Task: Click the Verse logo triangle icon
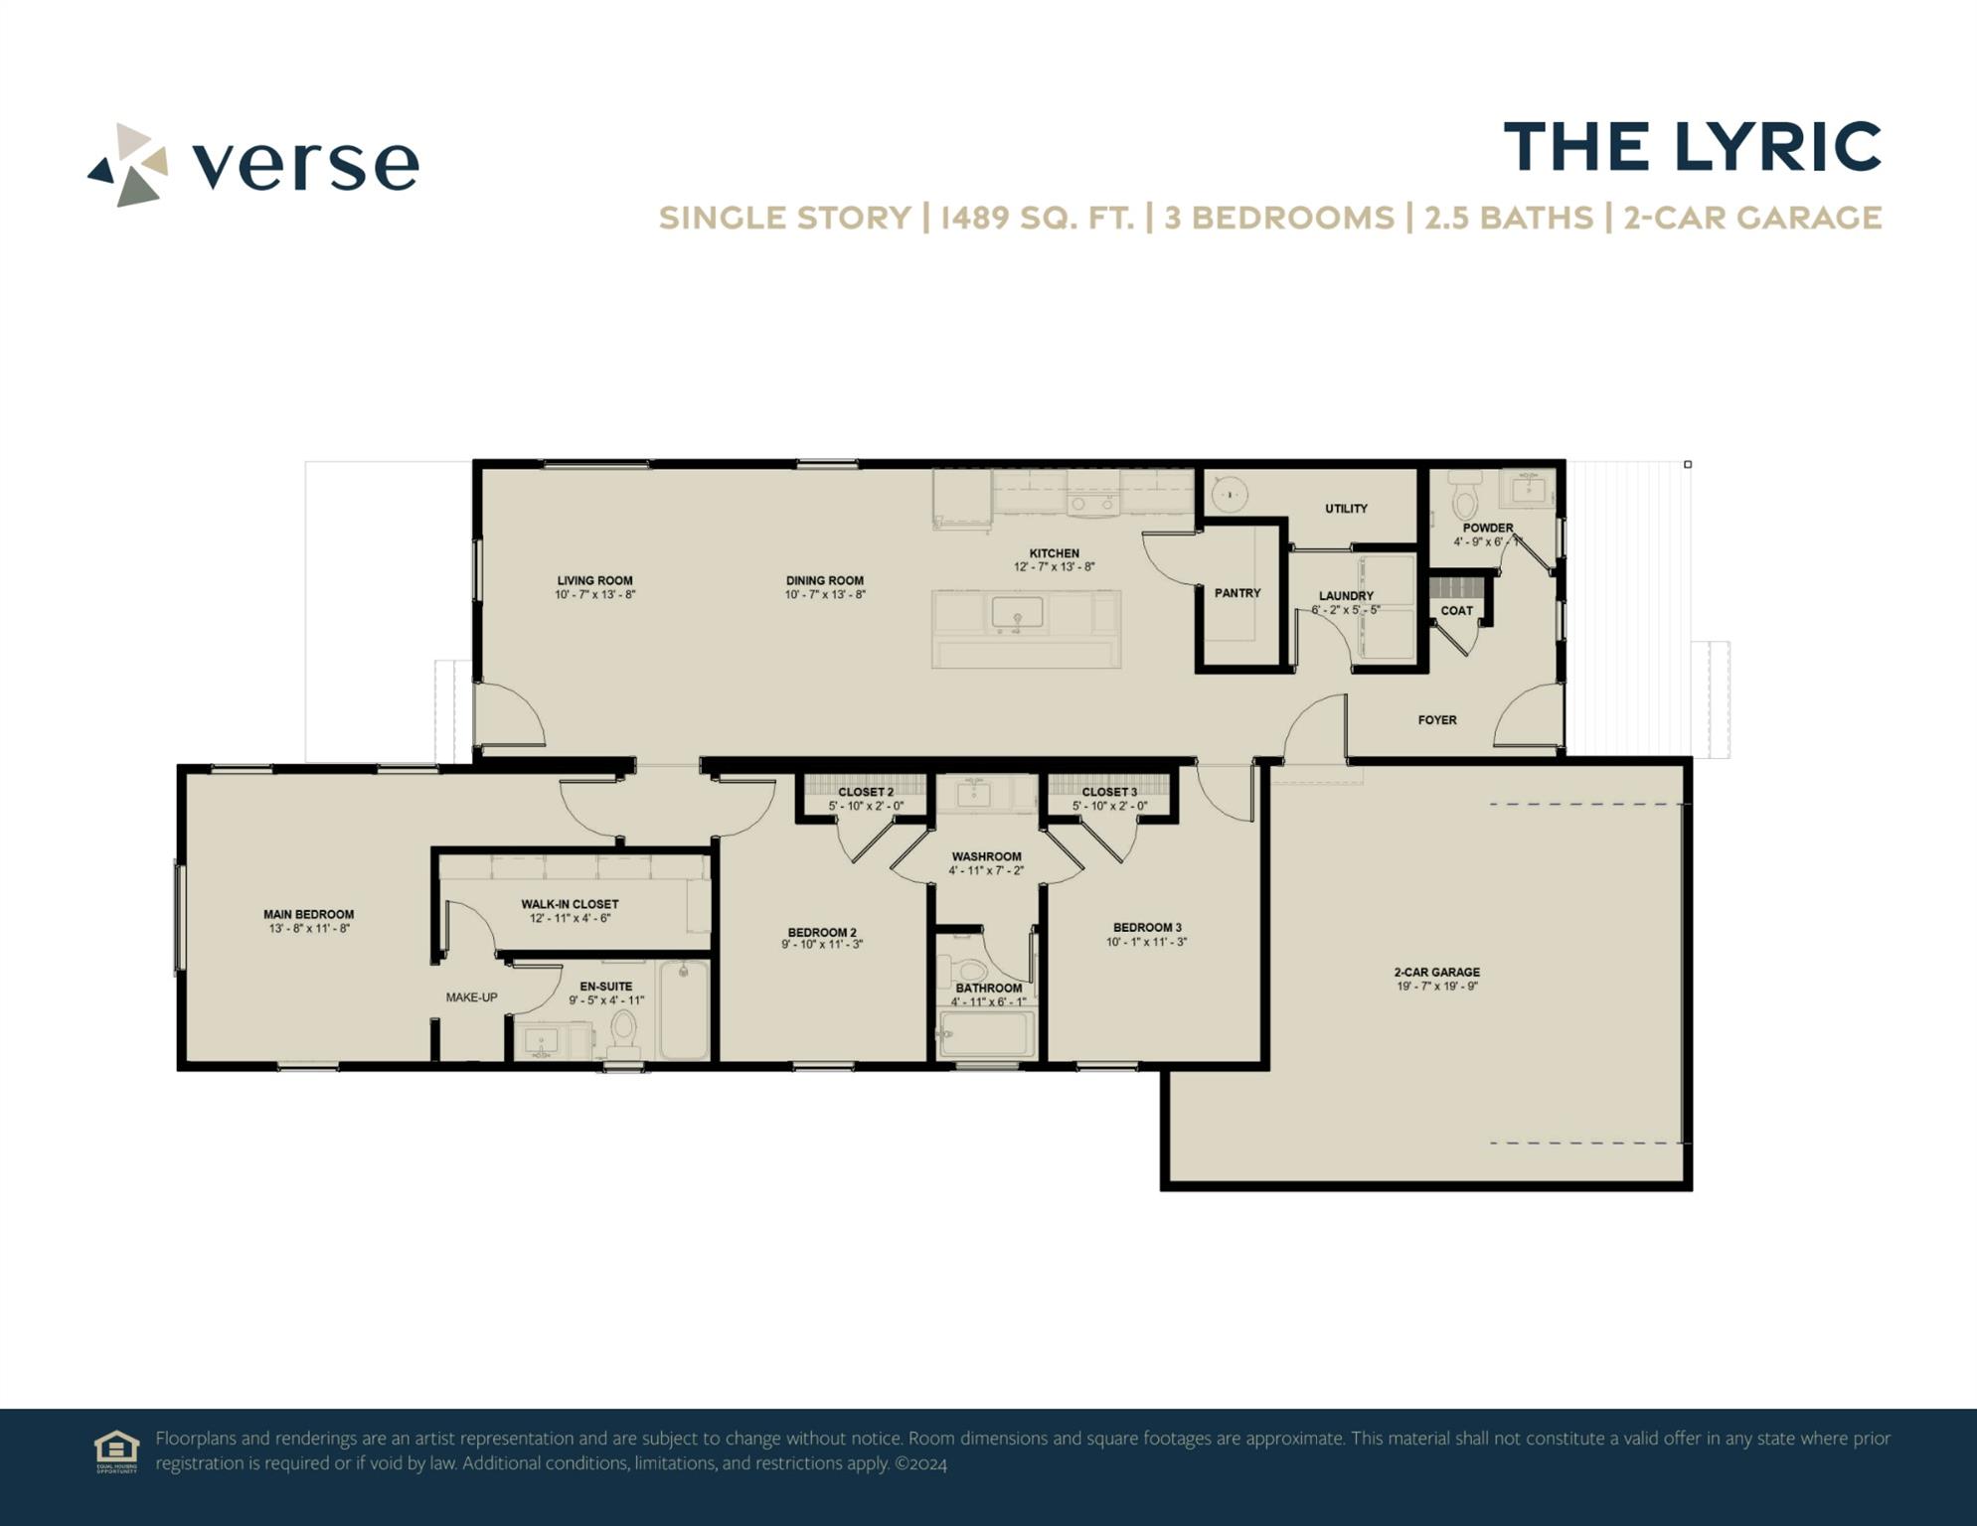pyautogui.click(x=128, y=165)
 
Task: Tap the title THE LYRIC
pyautogui.click(x=1692, y=147)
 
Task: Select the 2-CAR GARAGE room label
pyautogui.click(x=1436, y=973)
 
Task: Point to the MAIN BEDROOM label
pyautogui.click(x=308, y=914)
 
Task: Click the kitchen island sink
pyautogui.click(x=1017, y=613)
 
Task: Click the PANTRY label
pyautogui.click(x=1237, y=593)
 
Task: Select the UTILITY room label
pyautogui.click(x=1346, y=509)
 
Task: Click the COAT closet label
pyautogui.click(x=1457, y=611)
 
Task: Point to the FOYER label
pyautogui.click(x=1437, y=720)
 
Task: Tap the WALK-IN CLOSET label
pyautogui.click(x=570, y=904)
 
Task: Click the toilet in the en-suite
pyautogui.click(x=623, y=1031)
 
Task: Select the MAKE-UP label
pyautogui.click(x=471, y=997)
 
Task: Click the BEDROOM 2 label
pyautogui.click(x=822, y=932)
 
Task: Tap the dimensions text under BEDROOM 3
pyautogui.click(x=1146, y=942)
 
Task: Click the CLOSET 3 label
pyautogui.click(x=1109, y=792)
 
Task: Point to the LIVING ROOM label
pyautogui.click(x=594, y=581)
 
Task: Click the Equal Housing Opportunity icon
pyautogui.click(x=116, y=1450)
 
